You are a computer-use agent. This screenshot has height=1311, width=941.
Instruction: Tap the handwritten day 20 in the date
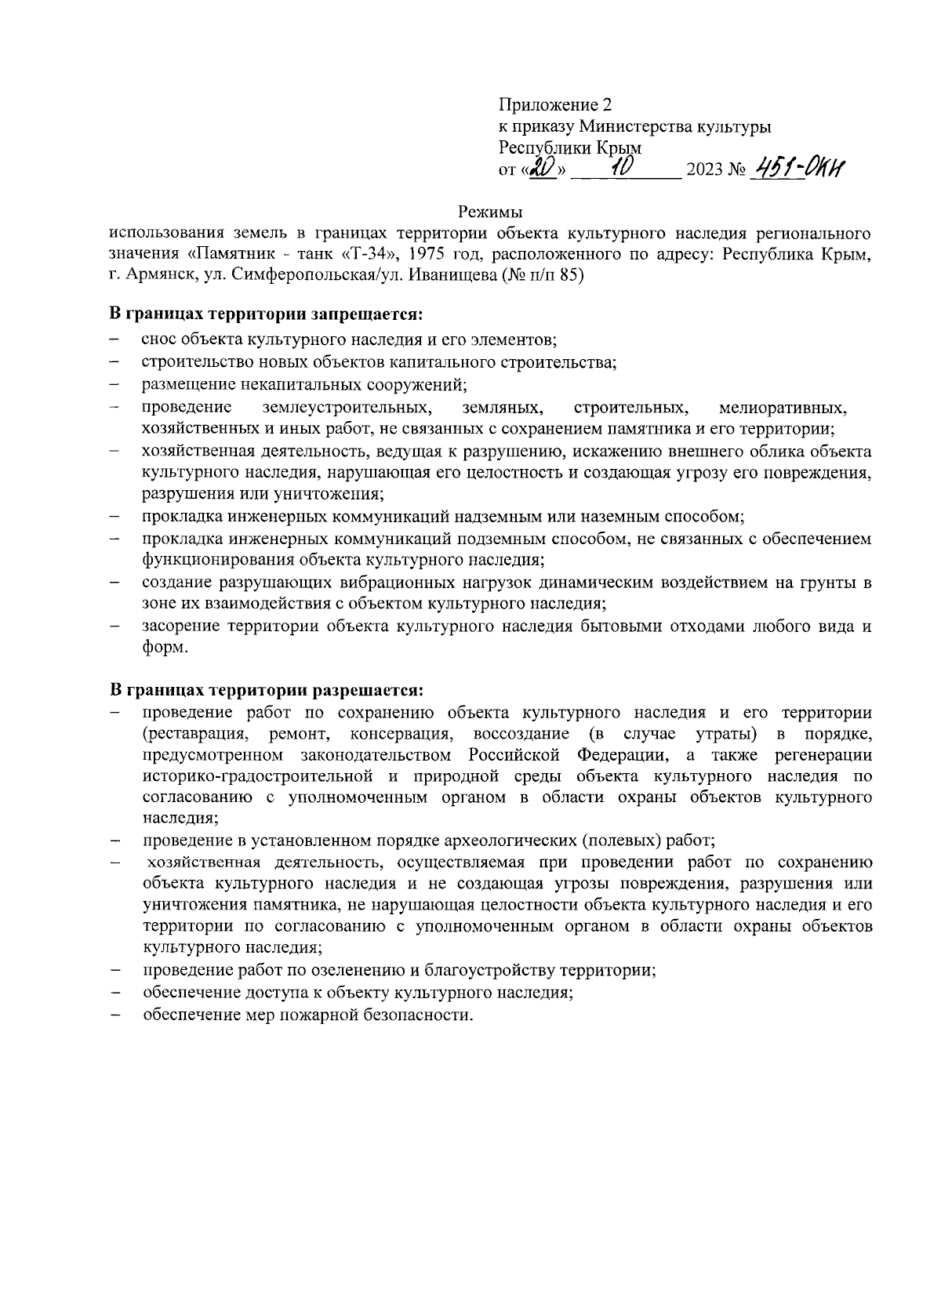(542, 168)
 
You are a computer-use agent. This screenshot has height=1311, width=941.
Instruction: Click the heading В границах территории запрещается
(265, 314)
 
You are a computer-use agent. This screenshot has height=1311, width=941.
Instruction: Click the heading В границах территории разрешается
(265, 691)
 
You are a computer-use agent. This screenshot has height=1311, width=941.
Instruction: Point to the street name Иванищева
(446, 277)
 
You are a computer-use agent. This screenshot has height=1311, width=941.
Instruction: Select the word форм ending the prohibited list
(164, 648)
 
